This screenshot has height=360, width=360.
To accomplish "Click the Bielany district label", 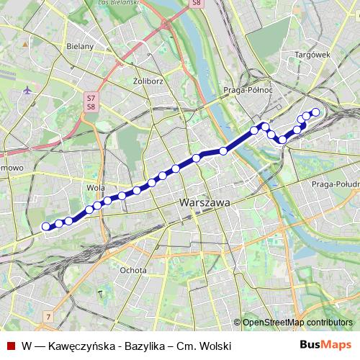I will click(x=80, y=46).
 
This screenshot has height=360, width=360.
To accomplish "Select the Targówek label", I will click(x=312, y=54).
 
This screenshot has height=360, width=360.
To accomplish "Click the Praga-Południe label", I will click(x=335, y=184).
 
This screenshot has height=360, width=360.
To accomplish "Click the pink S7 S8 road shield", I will click(x=91, y=102).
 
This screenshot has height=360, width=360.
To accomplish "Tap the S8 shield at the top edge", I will click(x=197, y=4).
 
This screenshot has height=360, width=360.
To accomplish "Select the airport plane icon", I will click(x=27, y=90).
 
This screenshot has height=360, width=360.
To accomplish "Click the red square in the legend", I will click(x=10, y=346).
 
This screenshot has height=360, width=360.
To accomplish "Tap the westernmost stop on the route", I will click(x=46, y=226).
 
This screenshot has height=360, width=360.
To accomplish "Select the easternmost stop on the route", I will click(x=315, y=112).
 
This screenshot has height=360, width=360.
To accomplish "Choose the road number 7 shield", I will click(x=48, y=316).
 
